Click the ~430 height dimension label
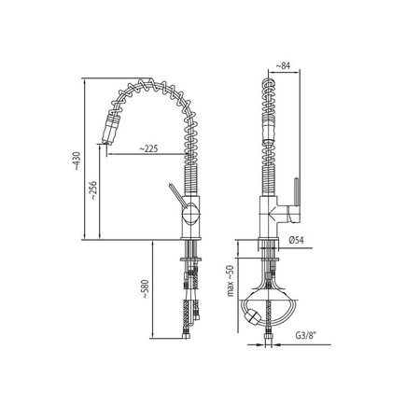point(77,161)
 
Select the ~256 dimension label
point(92,190)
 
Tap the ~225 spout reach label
point(148,148)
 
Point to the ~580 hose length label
point(146,289)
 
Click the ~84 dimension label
point(283,65)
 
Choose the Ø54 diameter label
point(296,240)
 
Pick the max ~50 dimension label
point(230,281)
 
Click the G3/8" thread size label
point(305,335)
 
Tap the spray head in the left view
point(110,129)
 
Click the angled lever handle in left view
point(176,195)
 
